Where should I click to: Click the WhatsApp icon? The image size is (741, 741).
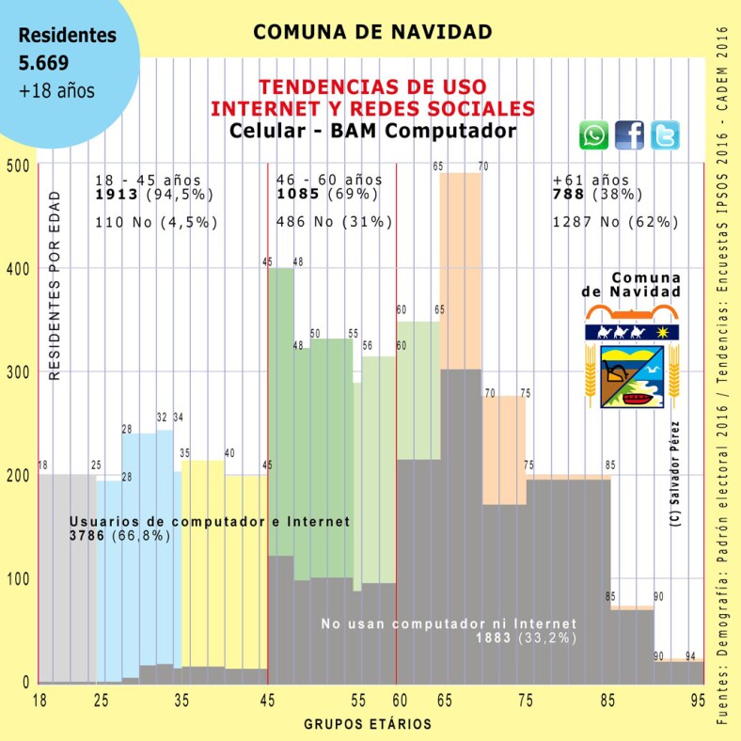593,136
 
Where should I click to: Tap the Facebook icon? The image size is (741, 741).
629,136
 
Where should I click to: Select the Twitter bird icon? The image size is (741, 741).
664,136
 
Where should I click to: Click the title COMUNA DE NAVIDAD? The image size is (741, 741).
372,32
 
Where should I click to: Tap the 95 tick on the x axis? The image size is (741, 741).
698,701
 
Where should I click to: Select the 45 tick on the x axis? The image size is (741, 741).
268,701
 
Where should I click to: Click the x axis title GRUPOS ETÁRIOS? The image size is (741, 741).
369,724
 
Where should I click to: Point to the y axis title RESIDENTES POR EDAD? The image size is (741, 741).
55,293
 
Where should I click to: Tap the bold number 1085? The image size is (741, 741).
297,195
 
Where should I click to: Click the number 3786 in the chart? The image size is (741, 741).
89,535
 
